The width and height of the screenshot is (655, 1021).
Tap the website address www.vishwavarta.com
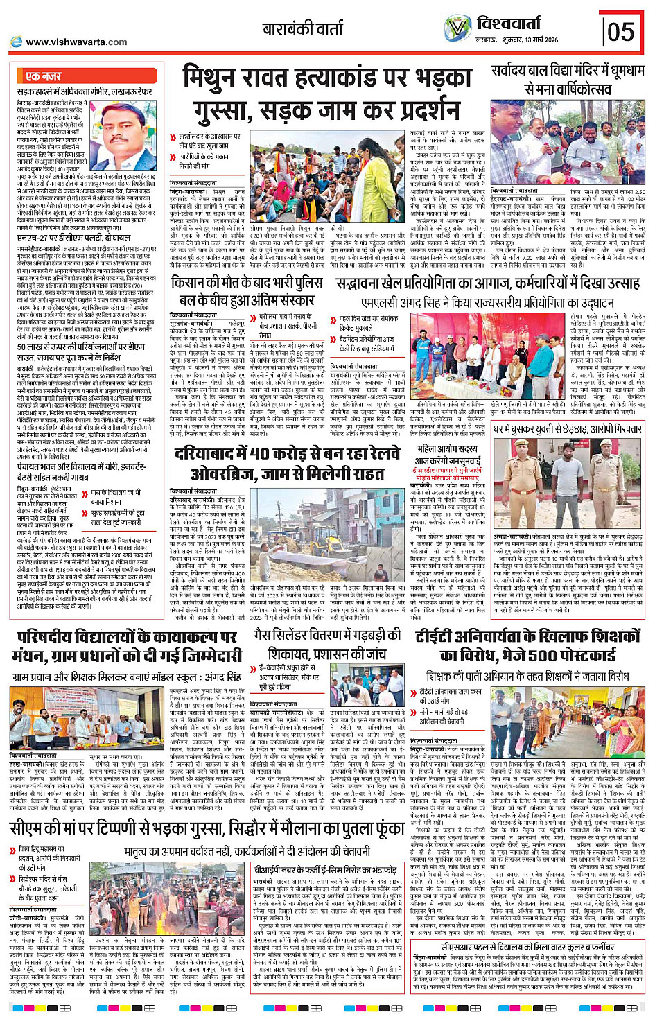tap(76, 42)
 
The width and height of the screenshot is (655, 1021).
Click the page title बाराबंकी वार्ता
tap(302, 29)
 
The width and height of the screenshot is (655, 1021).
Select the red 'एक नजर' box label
tap(43, 76)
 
